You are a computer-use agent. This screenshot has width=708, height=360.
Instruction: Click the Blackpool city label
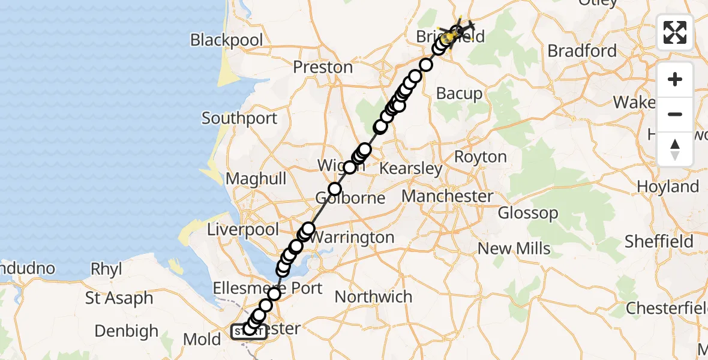(227, 40)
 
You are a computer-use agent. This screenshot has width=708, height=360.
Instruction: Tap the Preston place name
(323, 67)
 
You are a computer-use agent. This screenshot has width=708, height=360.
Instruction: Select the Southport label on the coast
(239, 118)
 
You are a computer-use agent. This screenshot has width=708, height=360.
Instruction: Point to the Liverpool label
(243, 230)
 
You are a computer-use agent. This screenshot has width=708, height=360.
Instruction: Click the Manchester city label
(448, 196)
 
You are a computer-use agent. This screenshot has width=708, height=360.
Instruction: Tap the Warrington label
(352, 238)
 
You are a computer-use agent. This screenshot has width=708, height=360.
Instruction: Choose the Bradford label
(582, 51)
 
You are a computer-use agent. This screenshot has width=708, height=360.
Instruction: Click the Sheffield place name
(659, 241)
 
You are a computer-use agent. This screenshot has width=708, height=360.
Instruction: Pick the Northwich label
(373, 296)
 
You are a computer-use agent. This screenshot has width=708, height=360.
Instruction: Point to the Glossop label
(528, 213)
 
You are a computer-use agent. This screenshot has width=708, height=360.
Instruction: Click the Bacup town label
(459, 94)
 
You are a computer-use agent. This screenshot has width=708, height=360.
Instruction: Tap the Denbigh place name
(127, 331)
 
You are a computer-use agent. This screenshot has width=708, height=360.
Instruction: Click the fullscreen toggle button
(675, 32)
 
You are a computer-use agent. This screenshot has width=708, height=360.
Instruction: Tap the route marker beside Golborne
(334, 190)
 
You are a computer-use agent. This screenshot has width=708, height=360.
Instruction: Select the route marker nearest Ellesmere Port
(274, 293)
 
